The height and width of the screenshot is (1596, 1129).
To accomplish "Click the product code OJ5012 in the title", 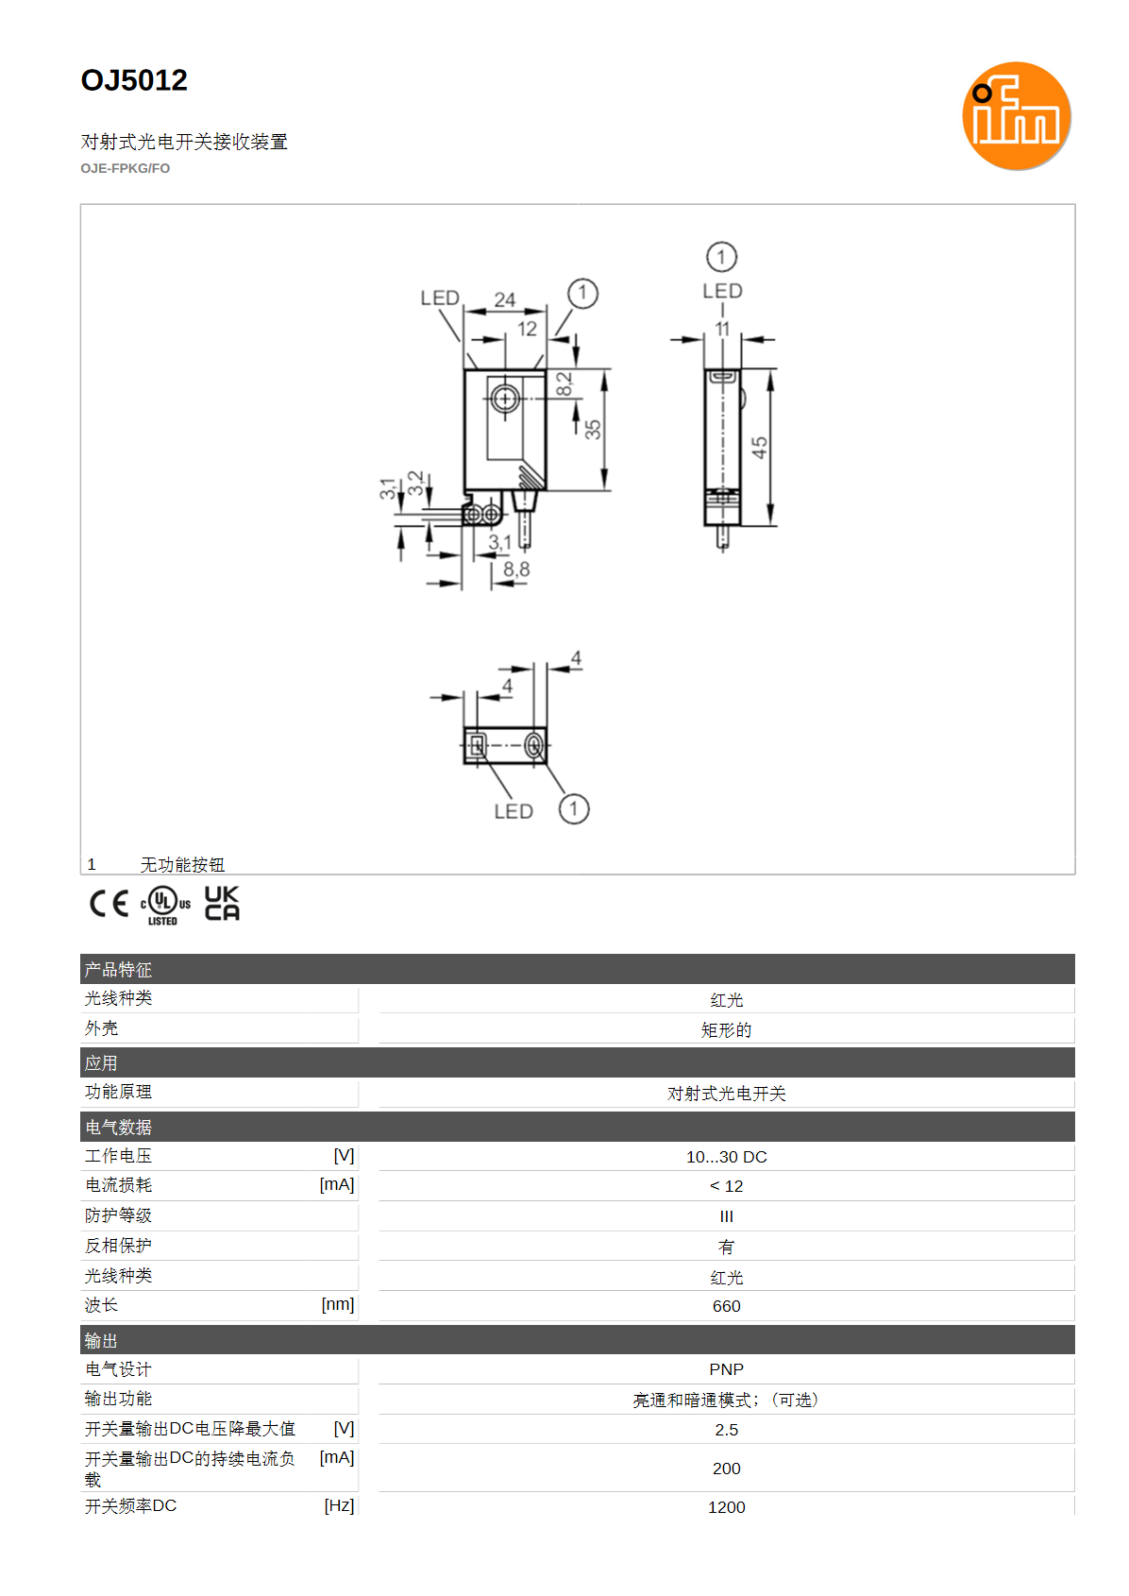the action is [x=134, y=80].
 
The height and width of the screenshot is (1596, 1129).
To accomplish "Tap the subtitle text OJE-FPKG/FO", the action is [x=125, y=169].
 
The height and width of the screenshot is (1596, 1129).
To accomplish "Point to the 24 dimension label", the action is [x=504, y=300].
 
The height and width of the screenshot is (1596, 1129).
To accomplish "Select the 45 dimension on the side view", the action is [x=759, y=448].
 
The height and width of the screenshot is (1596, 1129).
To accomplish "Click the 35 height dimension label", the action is [x=593, y=430].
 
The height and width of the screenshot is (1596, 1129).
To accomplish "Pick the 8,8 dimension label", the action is [x=516, y=569].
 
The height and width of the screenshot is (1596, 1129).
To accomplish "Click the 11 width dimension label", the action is [x=722, y=330].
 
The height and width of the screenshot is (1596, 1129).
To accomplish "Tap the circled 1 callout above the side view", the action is [x=721, y=257].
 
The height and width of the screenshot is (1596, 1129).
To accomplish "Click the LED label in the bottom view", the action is [x=514, y=811].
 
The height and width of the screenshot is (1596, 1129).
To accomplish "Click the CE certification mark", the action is [x=109, y=904].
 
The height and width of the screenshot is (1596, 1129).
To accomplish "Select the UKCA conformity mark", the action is [x=222, y=904].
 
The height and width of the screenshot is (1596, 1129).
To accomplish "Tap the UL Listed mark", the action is [x=165, y=905].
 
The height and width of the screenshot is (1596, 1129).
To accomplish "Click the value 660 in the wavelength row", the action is [x=726, y=1306].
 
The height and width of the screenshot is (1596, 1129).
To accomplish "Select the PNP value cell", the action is [x=726, y=1369].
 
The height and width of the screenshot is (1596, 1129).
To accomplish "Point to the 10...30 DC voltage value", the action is [x=726, y=1157].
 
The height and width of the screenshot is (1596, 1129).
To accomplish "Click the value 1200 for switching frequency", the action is [x=726, y=1507].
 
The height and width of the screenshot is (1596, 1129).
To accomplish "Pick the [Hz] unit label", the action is [x=339, y=1505].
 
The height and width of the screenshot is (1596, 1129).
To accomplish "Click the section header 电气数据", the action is [x=118, y=1128].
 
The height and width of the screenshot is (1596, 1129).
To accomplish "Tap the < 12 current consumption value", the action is [x=726, y=1186].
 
